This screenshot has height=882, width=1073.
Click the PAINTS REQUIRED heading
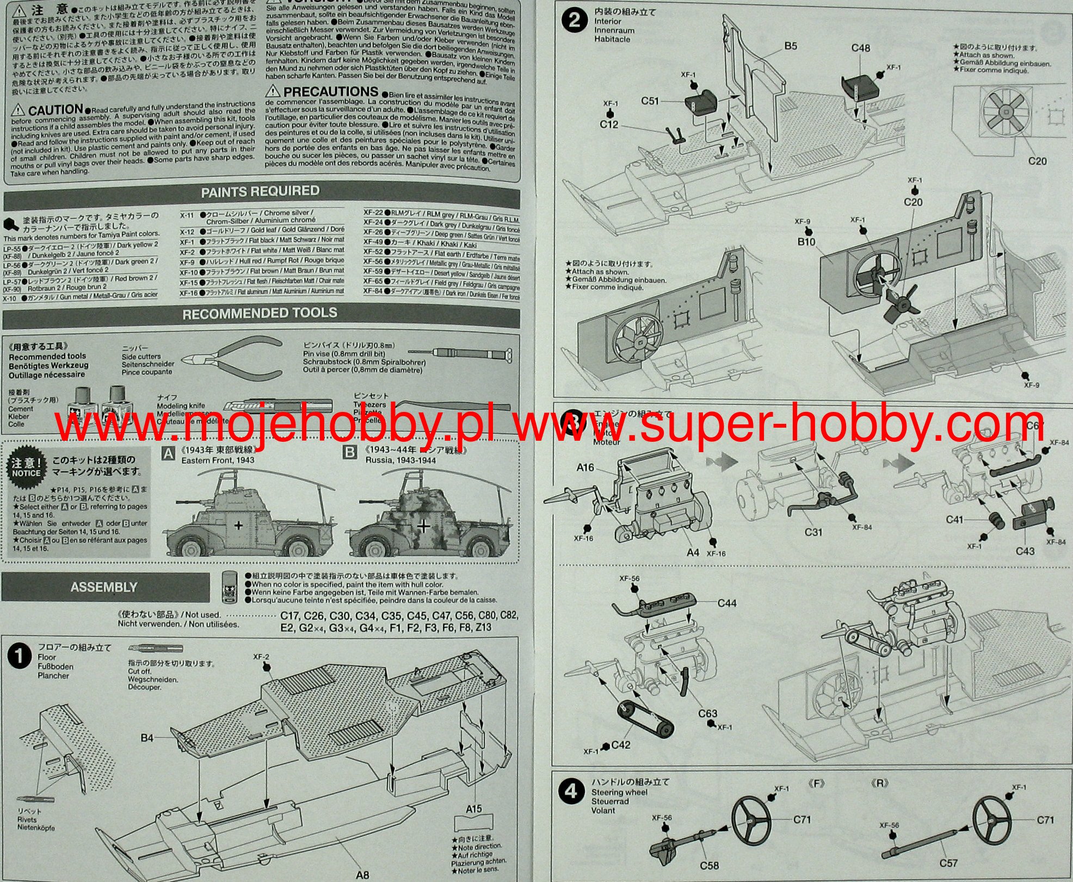coord(260,192)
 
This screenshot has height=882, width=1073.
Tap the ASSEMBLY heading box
coord(104,587)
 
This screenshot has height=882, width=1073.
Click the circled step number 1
coord(20,657)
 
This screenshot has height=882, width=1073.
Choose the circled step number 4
coord(571,792)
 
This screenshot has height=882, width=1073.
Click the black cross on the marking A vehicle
coord(238,526)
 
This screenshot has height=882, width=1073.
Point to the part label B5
coord(791,47)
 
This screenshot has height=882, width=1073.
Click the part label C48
coord(860,48)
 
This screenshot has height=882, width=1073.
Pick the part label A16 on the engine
coord(585,467)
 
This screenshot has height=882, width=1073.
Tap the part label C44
coord(727,603)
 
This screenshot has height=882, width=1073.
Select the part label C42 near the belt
coord(620,745)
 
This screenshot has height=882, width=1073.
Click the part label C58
coord(710,865)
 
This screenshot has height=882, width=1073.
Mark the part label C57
coord(948,863)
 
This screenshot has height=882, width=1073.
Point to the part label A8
coord(362,875)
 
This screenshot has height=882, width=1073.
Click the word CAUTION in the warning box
coord(55,110)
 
